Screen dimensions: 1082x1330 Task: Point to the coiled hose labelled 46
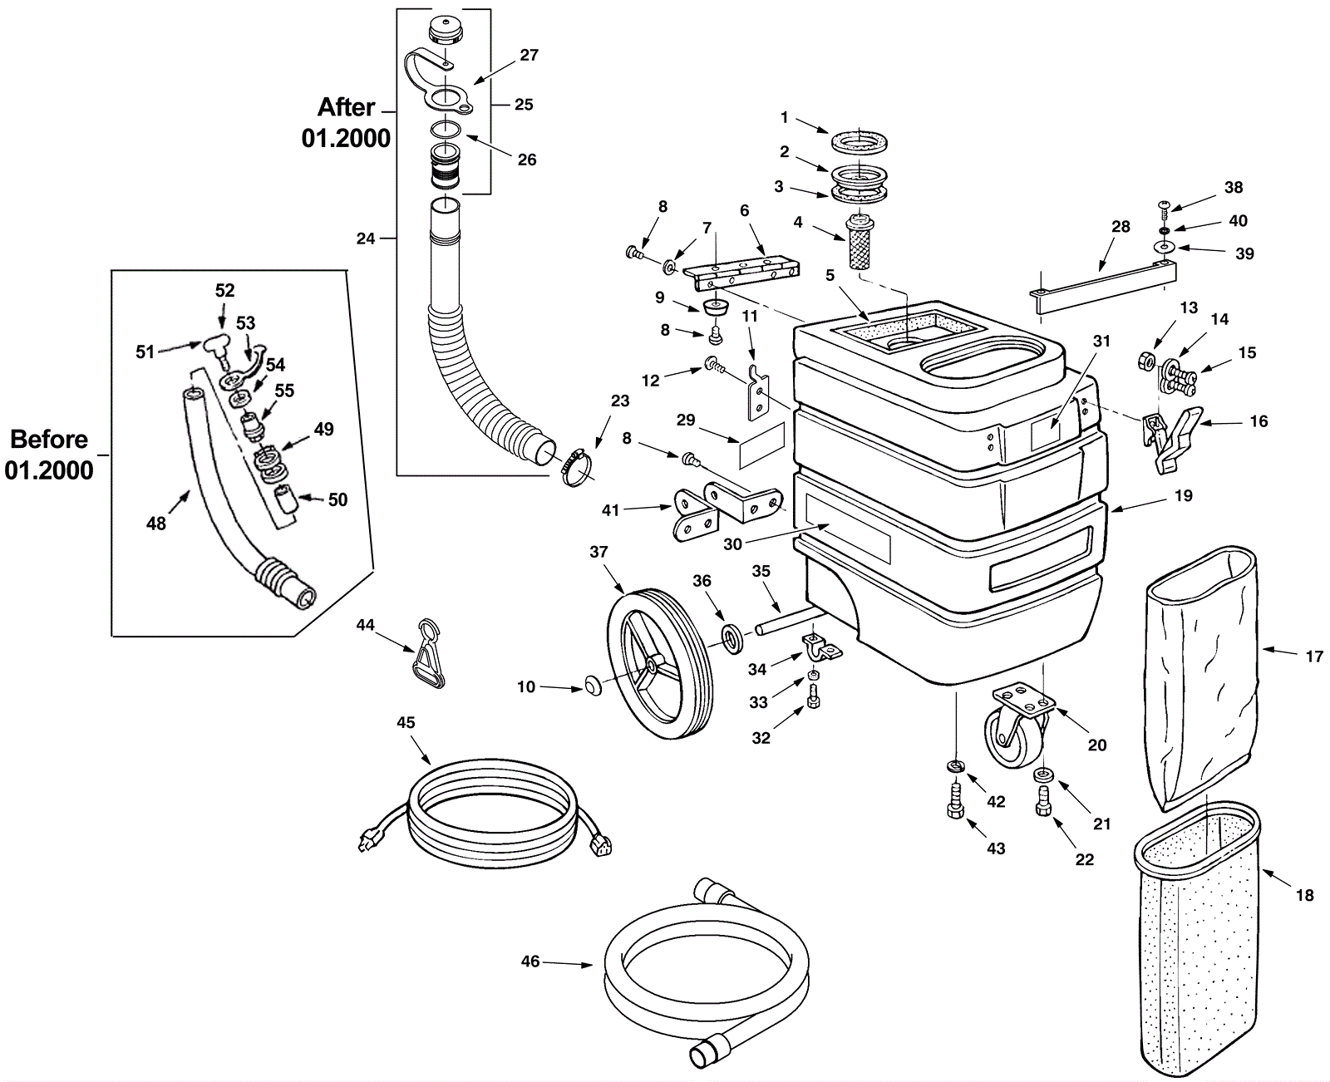pyautogui.click(x=707, y=981)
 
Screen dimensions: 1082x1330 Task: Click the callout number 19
pyautogui.click(x=1184, y=496)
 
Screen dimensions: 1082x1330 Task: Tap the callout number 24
pyautogui.click(x=366, y=239)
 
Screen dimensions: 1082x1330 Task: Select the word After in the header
pyautogui.click(x=347, y=108)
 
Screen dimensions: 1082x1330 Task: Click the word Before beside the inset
pyautogui.click(x=49, y=439)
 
